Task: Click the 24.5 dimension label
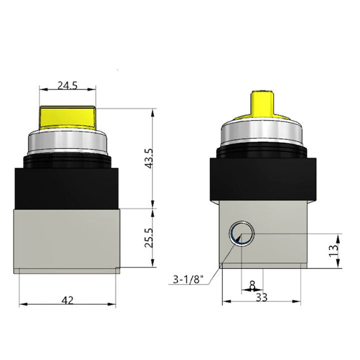pos(68,86)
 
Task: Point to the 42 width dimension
pos(68,300)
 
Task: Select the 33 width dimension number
pos(261,297)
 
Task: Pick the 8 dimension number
pos(252,285)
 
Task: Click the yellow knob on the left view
pos(68,117)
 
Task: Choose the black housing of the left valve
pos(68,181)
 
